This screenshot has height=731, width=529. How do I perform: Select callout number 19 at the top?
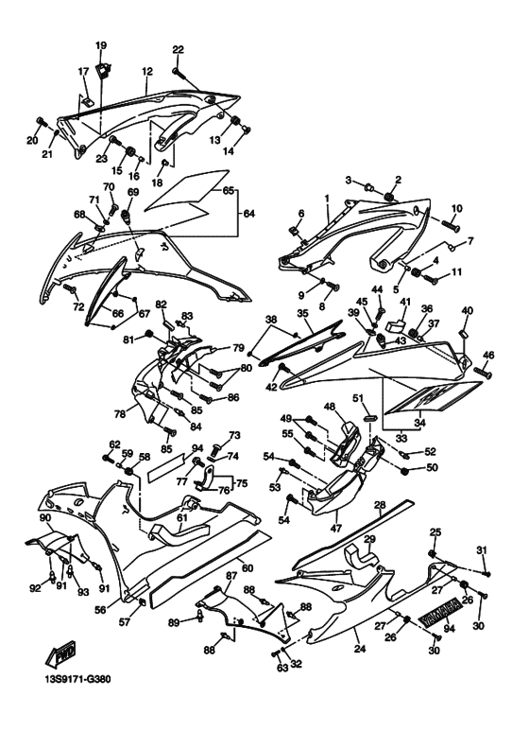click(101, 46)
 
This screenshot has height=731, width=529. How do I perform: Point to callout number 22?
click(178, 49)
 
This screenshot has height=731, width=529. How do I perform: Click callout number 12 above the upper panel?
click(147, 71)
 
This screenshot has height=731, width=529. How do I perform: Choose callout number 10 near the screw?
click(456, 208)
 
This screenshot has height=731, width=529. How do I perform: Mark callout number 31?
click(481, 550)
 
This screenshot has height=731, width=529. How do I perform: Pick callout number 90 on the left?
click(43, 518)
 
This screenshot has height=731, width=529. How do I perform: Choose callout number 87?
click(230, 575)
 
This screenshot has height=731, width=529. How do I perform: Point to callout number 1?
click(326, 200)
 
